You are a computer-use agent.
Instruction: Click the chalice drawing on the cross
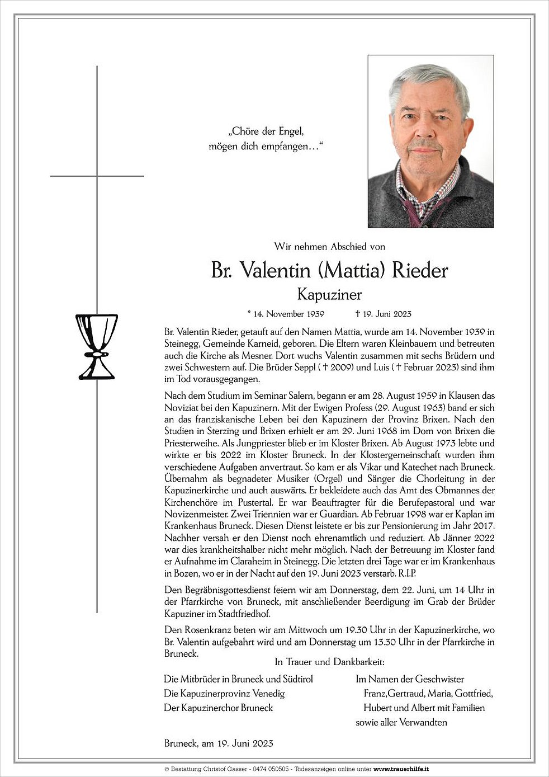(x=97, y=346)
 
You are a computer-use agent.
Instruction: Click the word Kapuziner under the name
(x=329, y=294)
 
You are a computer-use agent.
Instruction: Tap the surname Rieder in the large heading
(x=420, y=271)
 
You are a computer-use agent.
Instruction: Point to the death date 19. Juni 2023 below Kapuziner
(x=383, y=314)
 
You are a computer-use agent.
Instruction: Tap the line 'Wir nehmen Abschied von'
(x=329, y=246)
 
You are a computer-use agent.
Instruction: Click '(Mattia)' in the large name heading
(x=352, y=271)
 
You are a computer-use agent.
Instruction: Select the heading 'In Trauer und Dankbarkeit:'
(x=329, y=662)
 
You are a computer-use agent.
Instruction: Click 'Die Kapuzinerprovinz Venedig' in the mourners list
(x=224, y=694)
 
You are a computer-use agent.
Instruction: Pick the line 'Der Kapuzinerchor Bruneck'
(x=219, y=708)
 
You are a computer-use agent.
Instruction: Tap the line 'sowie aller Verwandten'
(x=401, y=722)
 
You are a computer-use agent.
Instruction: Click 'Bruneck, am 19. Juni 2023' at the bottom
(x=219, y=743)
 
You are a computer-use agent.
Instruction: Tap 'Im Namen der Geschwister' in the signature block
(x=410, y=679)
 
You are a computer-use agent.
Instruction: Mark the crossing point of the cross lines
(x=97, y=176)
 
